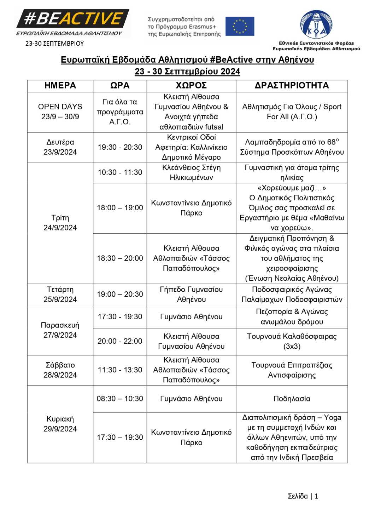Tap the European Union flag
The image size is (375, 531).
click(240, 26)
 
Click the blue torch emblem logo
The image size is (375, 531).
click(316, 24)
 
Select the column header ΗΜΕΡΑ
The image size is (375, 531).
click(60, 86)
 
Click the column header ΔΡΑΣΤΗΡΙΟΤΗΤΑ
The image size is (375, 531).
click(292, 86)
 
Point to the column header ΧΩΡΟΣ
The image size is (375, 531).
click(191, 86)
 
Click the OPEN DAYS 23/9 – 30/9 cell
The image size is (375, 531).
click(60, 112)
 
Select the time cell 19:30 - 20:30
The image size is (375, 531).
click(120, 147)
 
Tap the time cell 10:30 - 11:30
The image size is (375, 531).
click(120, 172)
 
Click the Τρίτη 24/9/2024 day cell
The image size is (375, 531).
click(60, 223)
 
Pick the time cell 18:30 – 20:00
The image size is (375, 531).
click(120, 258)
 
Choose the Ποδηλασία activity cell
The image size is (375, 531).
click(292, 399)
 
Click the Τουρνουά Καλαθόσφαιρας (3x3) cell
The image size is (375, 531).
click(292, 341)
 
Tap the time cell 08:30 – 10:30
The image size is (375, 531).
click(120, 399)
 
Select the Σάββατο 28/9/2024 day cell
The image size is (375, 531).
click(60, 370)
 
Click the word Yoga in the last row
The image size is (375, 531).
click(333, 418)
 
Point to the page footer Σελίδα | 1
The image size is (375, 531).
click(303, 496)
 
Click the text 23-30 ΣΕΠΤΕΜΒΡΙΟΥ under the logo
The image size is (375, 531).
click(54, 44)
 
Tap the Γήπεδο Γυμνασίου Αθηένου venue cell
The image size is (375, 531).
click(191, 295)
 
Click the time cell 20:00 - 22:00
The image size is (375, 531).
click(120, 341)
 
